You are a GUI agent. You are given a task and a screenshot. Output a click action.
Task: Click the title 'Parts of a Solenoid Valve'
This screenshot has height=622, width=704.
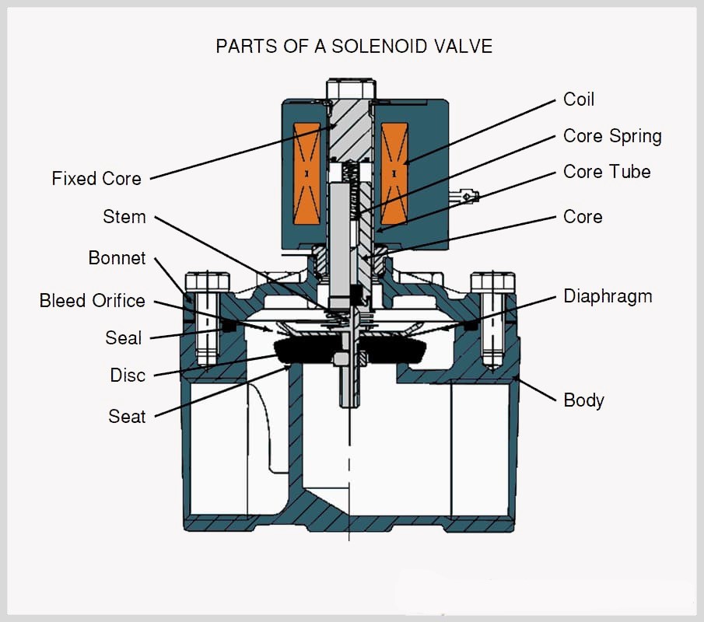354,46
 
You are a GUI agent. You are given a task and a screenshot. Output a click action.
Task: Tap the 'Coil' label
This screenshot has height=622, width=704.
579,100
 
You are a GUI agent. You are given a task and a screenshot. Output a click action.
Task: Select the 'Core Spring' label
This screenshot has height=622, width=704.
612,136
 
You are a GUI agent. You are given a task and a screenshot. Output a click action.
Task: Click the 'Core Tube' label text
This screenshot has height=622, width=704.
607,172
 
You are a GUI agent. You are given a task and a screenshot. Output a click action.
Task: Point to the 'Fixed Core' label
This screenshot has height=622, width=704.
96,179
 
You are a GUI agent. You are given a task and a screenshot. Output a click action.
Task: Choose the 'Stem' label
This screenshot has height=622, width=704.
124,217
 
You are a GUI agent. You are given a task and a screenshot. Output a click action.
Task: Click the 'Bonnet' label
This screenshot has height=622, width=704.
117,258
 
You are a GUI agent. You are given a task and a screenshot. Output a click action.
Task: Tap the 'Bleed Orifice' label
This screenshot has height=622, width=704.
93,300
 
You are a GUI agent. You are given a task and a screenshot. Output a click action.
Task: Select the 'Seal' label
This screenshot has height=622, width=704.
124,338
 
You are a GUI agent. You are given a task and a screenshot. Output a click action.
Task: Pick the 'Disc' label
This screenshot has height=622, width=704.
128,376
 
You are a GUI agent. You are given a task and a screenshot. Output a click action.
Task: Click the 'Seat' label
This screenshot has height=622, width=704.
127,417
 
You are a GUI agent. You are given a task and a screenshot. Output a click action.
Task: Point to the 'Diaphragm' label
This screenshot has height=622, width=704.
608,296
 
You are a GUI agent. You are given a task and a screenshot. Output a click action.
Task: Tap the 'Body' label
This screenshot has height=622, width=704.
583,400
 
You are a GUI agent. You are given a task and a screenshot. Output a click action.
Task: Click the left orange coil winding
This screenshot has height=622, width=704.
306,173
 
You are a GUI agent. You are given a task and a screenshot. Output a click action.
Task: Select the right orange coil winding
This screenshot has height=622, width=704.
394,173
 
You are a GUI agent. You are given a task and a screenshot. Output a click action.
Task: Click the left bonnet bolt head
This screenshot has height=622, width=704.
207,281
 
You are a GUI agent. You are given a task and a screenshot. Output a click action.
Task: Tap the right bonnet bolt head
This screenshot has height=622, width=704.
492,281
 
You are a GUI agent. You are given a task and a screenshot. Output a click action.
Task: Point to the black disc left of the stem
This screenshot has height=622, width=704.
307,351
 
